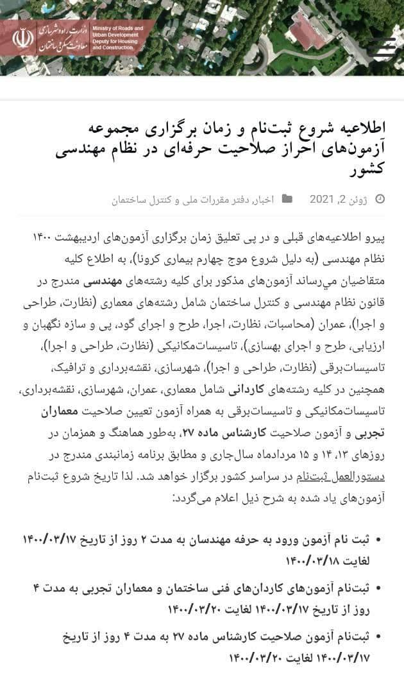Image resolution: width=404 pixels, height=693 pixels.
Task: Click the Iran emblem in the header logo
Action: click(22, 37)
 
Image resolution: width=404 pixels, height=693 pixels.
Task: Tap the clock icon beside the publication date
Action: click(380, 200)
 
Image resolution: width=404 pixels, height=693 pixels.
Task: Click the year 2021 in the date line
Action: click(322, 200)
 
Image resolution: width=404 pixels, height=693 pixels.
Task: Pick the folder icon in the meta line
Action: click(287, 200)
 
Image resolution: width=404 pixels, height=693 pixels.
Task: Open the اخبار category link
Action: click(264, 200)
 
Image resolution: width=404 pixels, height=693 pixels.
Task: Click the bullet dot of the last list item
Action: click(377, 637)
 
